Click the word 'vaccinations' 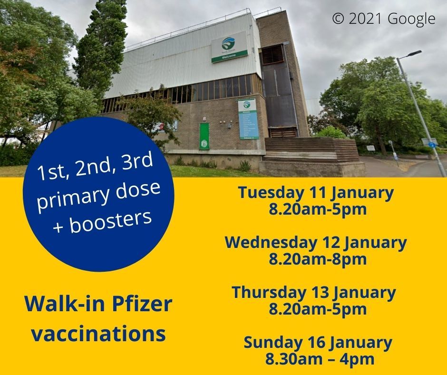(98, 333)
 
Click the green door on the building (204, 136)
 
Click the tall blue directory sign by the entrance (247, 119)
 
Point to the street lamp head (414, 53)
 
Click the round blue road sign (431, 145)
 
